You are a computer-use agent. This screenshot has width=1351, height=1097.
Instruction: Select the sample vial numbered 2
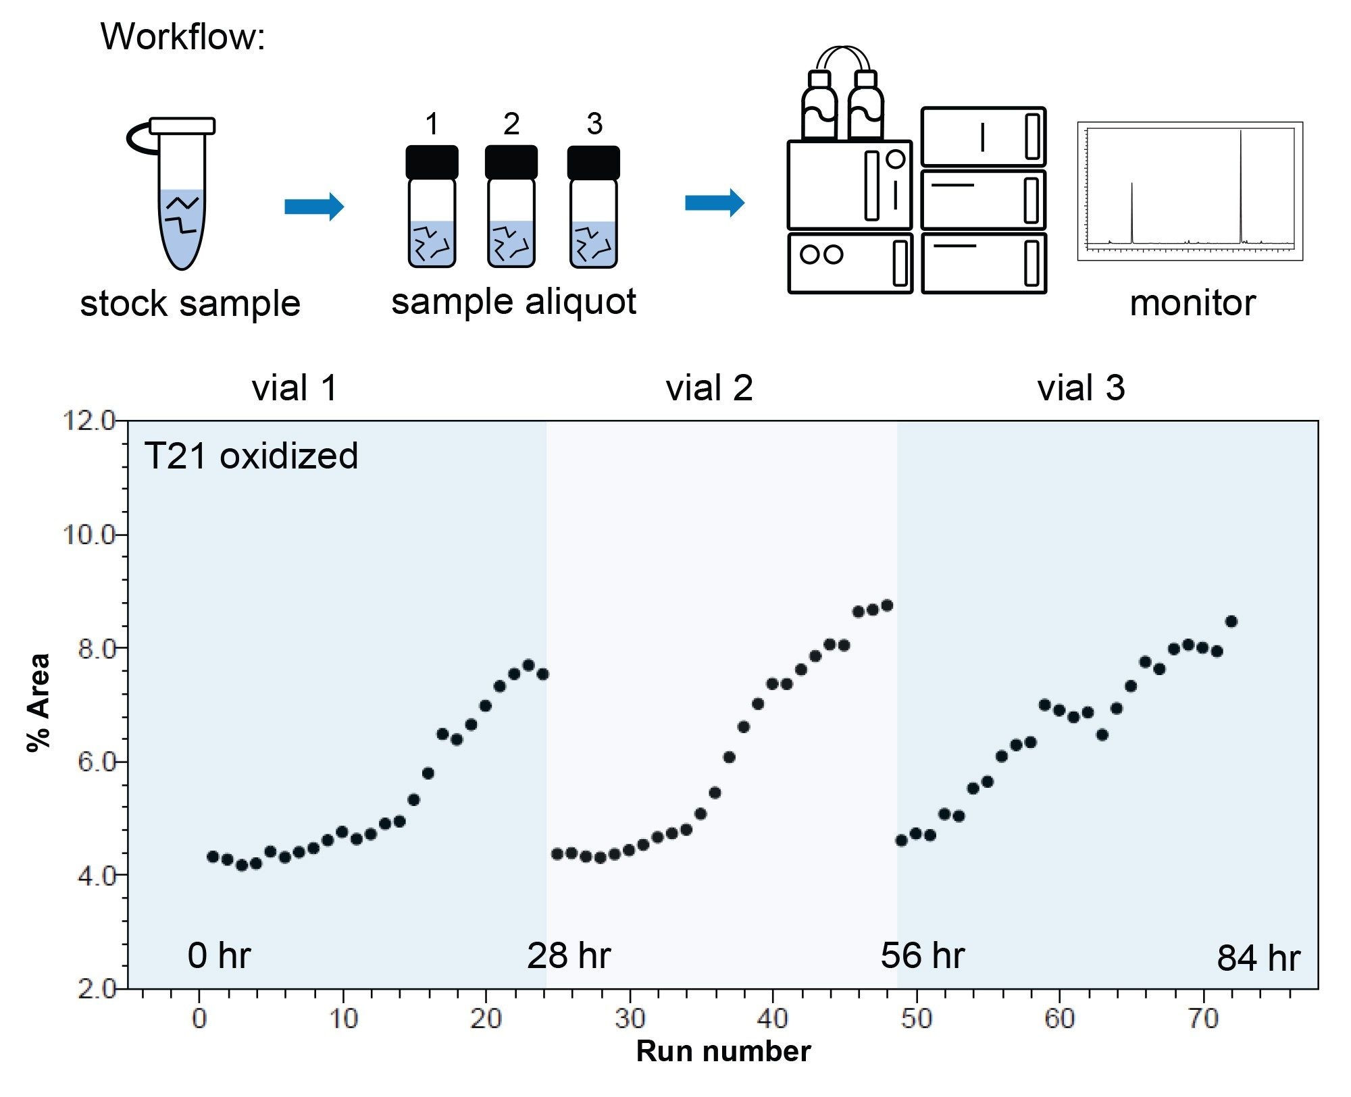(511, 209)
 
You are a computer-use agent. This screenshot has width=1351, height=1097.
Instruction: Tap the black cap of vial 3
(593, 163)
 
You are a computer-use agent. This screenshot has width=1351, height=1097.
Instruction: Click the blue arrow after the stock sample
(314, 206)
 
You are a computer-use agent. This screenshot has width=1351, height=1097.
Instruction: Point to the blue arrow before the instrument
(715, 203)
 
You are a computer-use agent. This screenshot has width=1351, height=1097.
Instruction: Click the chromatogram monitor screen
(1190, 191)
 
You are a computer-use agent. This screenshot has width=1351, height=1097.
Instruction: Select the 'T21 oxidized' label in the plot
(251, 456)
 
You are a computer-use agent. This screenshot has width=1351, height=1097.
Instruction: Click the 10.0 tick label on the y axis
(89, 535)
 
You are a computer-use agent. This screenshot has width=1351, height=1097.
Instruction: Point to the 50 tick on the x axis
(916, 1018)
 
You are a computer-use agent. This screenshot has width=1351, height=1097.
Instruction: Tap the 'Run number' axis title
(723, 1052)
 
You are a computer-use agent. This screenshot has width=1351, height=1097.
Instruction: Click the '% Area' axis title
(39, 702)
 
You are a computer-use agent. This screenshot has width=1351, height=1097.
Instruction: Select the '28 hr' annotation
(569, 956)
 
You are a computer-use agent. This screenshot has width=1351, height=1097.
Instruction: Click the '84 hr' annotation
(1258, 958)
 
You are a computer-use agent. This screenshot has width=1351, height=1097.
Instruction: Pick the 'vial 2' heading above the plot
(709, 388)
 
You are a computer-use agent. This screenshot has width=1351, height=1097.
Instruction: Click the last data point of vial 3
(1231, 621)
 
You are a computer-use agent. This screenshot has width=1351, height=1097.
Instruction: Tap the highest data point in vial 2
(887, 606)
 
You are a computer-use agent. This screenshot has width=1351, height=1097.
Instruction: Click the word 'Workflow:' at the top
(182, 36)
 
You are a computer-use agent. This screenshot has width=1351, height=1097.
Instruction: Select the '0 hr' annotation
(219, 956)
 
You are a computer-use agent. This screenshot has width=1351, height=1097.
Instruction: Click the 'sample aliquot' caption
(513, 302)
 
